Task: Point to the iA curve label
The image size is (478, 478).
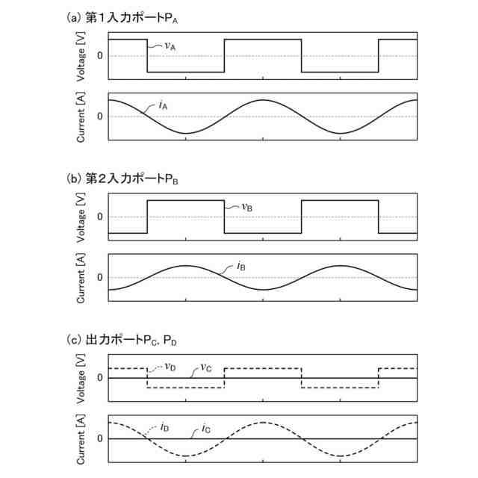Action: [x=163, y=106]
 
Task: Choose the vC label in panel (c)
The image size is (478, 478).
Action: [x=206, y=368]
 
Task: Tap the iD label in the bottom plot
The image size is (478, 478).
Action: [x=164, y=428]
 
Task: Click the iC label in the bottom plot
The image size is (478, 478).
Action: [x=205, y=428]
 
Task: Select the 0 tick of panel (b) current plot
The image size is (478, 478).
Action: [x=99, y=278]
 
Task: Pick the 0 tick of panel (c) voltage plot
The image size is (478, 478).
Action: [x=99, y=378]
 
